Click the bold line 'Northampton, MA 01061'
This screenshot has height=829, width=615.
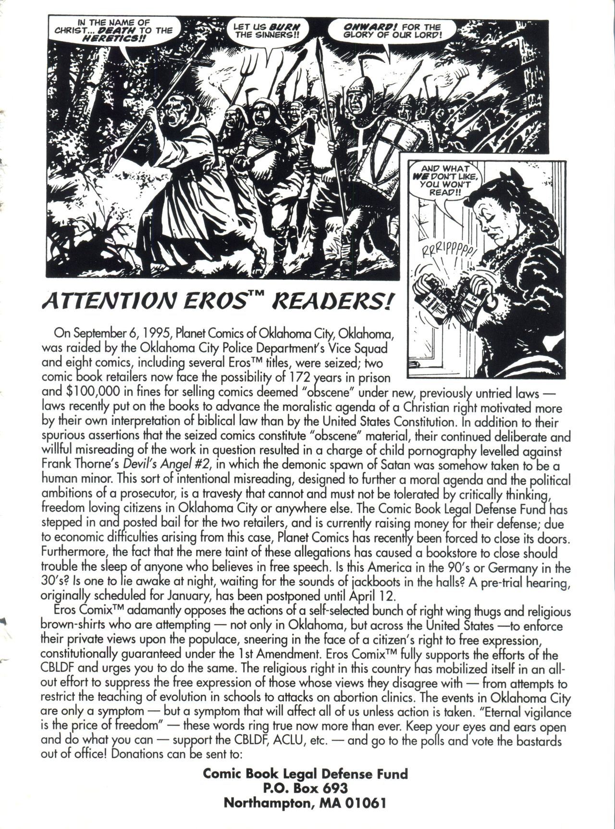coord(306,803)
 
